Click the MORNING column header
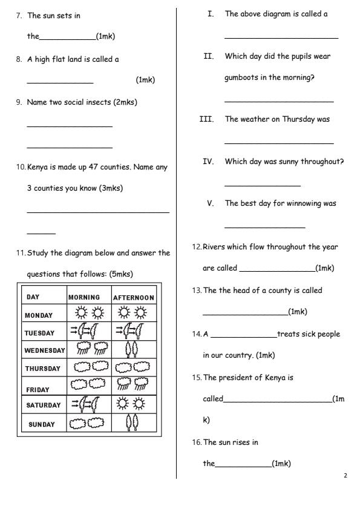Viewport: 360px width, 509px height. tap(88, 297)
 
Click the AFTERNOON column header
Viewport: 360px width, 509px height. tap(134, 298)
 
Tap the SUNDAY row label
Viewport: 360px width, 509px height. tap(41, 424)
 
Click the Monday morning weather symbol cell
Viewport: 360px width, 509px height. tap(88, 314)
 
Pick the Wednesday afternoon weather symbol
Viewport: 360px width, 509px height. tap(133, 349)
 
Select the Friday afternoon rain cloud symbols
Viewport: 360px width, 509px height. tap(133, 386)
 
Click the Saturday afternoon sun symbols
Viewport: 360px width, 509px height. tap(133, 404)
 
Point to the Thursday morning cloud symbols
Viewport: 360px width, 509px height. tap(88, 367)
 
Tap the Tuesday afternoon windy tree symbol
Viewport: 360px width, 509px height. tap(133, 331)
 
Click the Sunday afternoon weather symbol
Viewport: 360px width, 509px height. tap(133, 422)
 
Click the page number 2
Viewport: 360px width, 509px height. tap(345, 476)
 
